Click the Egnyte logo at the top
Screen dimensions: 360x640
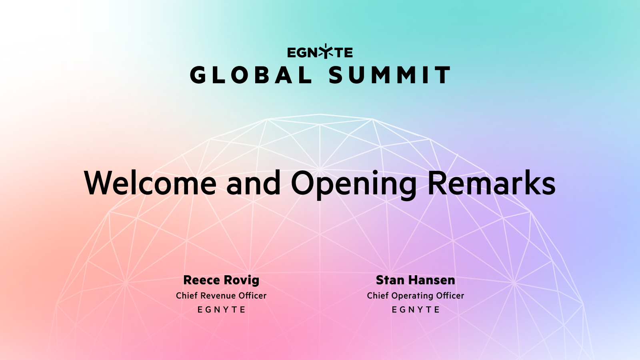tap(320, 52)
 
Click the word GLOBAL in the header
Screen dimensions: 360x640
tap(251, 75)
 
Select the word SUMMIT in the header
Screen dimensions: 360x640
tap(390, 75)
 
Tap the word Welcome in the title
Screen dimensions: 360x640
tap(150, 183)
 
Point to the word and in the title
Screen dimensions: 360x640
tap(254, 183)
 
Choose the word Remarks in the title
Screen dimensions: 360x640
tap(492, 183)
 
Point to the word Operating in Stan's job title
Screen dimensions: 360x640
tap(413, 296)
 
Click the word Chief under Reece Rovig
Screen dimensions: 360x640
tap(187, 296)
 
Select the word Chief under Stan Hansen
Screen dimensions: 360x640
tap(378, 296)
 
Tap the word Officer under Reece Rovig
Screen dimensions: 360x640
tap(252, 296)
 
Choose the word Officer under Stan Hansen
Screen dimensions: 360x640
tap(450, 296)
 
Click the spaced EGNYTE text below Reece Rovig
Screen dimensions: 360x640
tap(221, 310)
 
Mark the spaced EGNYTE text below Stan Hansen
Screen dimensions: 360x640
tap(416, 310)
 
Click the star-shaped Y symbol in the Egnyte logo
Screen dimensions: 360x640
tap(326, 52)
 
